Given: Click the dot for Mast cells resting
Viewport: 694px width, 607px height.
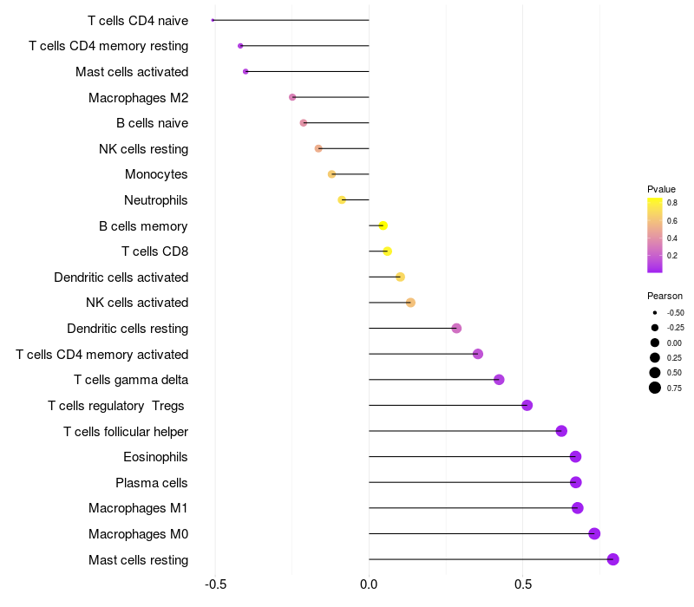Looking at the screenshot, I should point(612,559).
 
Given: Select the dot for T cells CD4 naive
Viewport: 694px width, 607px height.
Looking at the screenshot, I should point(213,20).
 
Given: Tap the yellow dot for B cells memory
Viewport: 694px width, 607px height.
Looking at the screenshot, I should point(383,225).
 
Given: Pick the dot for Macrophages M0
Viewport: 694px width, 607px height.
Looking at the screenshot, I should point(594,533).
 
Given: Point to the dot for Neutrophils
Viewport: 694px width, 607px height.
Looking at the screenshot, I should point(342,199).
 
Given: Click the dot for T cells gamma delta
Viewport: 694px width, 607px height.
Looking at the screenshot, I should point(499,380).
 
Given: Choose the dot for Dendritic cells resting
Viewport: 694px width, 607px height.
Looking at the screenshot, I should point(456,328).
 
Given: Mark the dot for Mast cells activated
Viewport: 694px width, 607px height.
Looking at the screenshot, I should point(246,71).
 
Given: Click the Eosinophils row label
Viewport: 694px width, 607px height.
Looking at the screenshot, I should point(155,457).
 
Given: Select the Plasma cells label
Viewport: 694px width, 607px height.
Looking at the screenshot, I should point(152,482).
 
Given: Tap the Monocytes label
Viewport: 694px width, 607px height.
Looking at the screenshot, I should point(156,174).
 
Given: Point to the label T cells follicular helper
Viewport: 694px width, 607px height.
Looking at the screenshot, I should point(126,431).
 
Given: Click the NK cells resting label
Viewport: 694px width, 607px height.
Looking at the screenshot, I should point(143,148).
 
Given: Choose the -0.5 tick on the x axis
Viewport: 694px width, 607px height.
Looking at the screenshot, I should point(215,585).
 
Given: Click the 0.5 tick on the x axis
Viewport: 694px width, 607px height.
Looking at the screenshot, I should point(522,585).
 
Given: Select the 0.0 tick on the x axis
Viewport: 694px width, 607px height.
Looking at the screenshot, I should point(369,585).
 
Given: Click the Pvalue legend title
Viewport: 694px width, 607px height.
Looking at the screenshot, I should point(661,189).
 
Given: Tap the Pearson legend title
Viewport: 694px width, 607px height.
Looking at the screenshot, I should point(665,296).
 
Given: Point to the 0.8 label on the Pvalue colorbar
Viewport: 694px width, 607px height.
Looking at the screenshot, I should point(671,202).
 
